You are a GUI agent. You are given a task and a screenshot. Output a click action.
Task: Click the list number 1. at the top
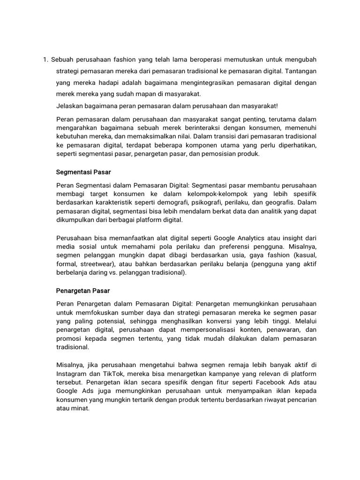pyautogui.click(x=45, y=60)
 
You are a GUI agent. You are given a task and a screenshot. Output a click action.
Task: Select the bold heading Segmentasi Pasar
pyautogui.click(x=83, y=172)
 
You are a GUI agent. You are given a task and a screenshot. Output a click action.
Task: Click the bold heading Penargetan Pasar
pyautogui.click(x=83, y=291)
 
